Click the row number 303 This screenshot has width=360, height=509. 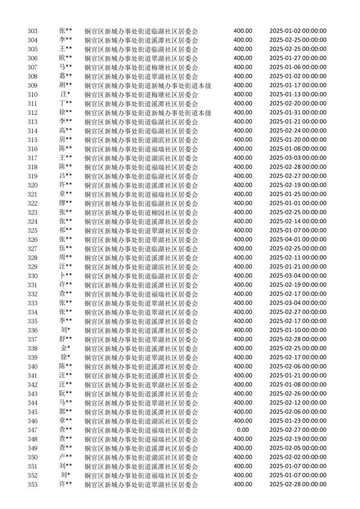click(x=33, y=31)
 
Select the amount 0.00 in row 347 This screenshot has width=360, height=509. click(x=243, y=430)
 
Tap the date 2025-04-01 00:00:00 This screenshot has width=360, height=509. click(x=298, y=239)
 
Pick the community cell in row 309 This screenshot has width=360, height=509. click(x=148, y=85)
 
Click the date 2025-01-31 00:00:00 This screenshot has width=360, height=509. click(x=298, y=112)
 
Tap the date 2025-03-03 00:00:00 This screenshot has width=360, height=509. click(x=298, y=157)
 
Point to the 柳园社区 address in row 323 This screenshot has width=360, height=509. click(x=142, y=212)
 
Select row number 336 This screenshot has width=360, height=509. click(x=33, y=330)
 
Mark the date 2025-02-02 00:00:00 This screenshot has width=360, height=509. click(x=298, y=457)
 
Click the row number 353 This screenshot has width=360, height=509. click(x=33, y=485)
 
